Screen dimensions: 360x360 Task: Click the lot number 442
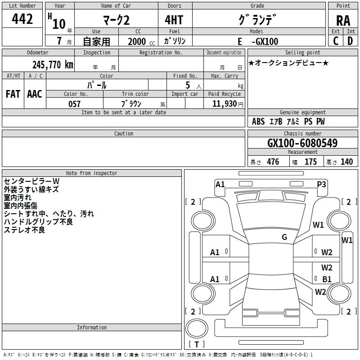click(22, 19)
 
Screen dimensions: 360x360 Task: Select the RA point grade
click(343, 20)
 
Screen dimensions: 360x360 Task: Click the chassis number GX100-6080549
click(302, 143)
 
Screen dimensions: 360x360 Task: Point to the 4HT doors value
click(175, 20)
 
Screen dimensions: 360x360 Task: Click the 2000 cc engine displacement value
click(137, 41)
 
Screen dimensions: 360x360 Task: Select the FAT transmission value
click(13, 94)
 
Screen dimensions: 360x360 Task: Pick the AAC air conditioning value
click(35, 94)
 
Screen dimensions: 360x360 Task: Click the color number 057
click(74, 104)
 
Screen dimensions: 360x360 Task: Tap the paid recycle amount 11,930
click(224, 104)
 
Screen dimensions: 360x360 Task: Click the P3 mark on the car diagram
click(321, 184)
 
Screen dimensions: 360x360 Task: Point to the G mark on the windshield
click(284, 237)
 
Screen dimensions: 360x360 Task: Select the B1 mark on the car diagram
click(327, 279)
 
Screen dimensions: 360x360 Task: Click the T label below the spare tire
click(196, 345)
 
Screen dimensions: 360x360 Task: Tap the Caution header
click(124, 134)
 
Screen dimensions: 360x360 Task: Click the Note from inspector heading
click(91, 173)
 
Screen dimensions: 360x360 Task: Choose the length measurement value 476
click(273, 162)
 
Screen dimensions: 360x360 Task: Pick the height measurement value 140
click(346, 162)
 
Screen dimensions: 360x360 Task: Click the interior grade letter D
click(350, 41)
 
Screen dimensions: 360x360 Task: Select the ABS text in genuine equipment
click(258, 121)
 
